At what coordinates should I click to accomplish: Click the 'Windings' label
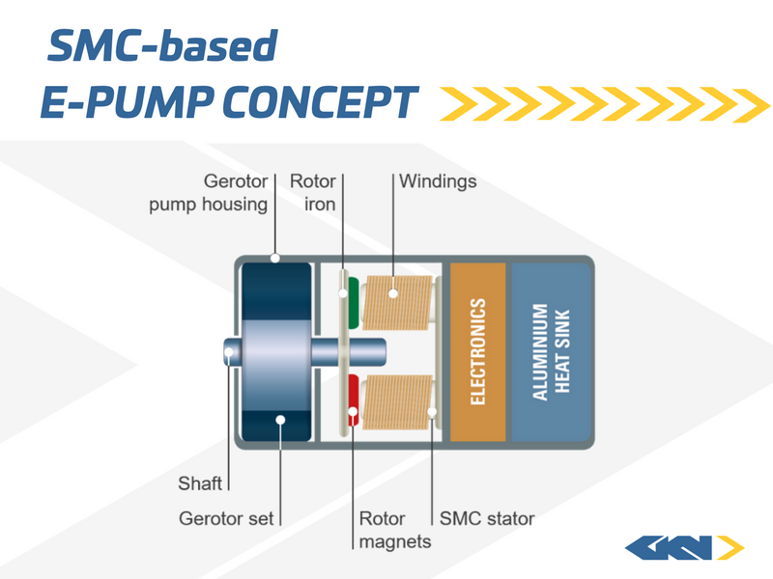point(438,180)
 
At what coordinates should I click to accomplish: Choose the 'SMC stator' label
point(487,518)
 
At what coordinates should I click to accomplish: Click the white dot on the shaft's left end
point(229,352)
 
